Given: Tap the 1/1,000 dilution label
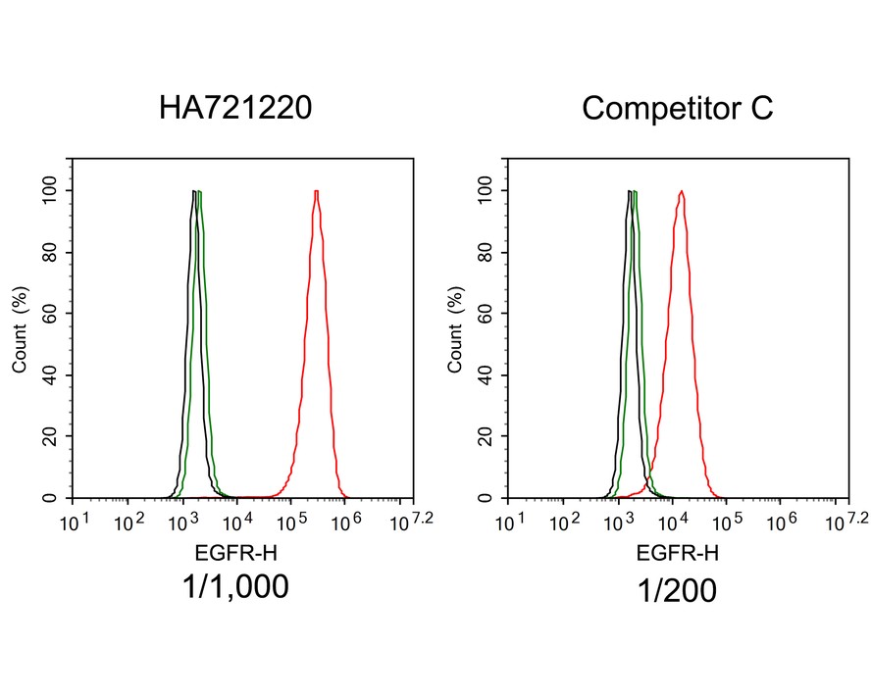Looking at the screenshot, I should click(235, 587).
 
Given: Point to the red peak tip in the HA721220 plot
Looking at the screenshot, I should click(317, 191).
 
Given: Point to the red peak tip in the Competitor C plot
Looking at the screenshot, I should click(681, 191).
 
